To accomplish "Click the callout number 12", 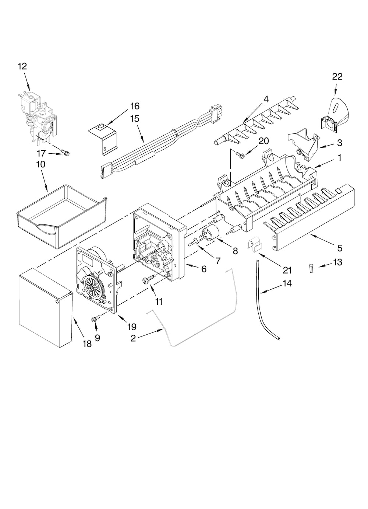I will click(x=22, y=66).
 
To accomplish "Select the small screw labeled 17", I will click(x=66, y=151).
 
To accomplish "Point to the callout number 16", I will click(x=135, y=106).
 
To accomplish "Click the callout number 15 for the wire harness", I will click(x=135, y=119).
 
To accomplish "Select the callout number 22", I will click(x=337, y=76).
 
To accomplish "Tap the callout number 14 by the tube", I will click(x=287, y=283).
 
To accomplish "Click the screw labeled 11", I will click(x=148, y=281).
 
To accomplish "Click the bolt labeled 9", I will click(x=95, y=319).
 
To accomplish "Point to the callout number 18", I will click(x=87, y=344).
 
